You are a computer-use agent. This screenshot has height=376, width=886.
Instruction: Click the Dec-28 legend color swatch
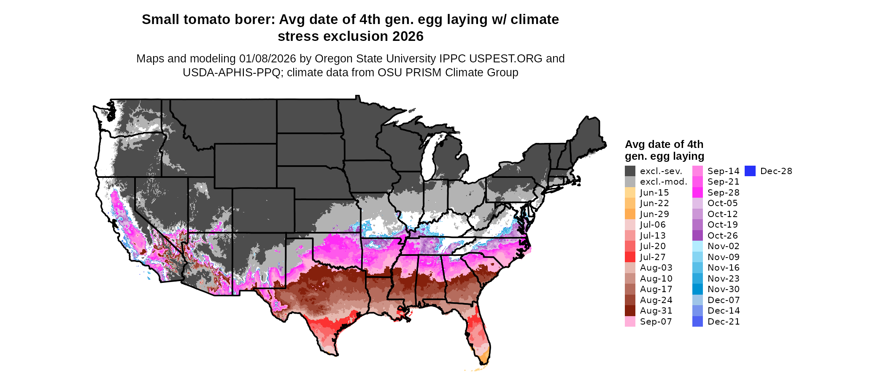point(750,171)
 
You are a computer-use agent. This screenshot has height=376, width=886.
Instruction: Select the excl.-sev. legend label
point(661,171)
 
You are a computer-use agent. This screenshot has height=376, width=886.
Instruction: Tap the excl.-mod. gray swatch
point(630,182)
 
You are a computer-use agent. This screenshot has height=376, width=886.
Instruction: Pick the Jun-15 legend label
point(654,193)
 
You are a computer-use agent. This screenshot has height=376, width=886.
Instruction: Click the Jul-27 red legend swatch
point(630,257)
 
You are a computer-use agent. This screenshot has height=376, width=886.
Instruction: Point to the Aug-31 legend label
point(656,311)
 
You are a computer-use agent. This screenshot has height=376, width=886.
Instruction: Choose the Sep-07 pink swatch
point(630,322)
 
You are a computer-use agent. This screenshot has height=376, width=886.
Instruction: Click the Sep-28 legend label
point(723,193)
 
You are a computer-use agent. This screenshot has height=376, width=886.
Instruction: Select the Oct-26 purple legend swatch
point(697,236)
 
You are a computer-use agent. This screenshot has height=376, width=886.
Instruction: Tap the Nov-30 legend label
point(723,289)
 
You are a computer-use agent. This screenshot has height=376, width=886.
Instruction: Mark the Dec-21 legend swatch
point(697,322)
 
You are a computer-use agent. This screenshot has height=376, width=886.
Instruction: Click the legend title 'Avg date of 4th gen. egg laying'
point(664,150)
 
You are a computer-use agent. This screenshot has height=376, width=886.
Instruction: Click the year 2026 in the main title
point(408,36)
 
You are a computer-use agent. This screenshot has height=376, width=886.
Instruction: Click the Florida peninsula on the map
point(479,333)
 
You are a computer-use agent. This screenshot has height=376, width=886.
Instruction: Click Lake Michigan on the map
point(428,156)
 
